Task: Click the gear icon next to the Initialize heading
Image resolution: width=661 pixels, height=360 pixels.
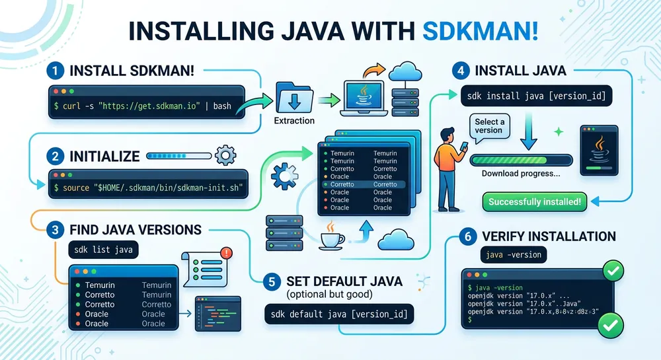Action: (x=226, y=156)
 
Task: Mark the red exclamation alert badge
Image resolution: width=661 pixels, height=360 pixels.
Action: (x=227, y=252)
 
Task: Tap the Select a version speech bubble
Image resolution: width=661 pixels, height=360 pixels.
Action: (x=489, y=126)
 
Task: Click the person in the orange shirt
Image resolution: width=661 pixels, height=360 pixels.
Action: (x=449, y=158)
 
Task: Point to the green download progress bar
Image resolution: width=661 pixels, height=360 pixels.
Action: (x=520, y=160)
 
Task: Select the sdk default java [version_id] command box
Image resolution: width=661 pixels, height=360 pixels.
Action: (x=339, y=314)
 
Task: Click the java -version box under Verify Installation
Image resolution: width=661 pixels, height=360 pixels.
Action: (x=512, y=254)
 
